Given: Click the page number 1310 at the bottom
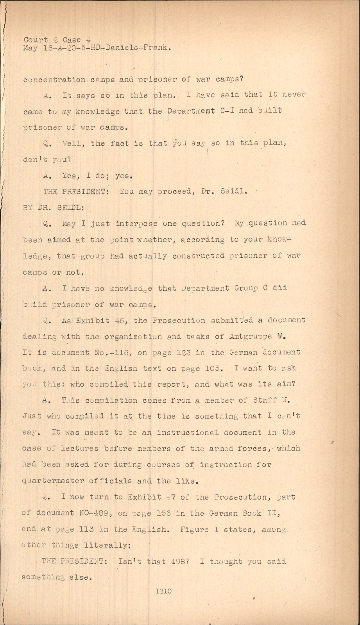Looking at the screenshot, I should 163,591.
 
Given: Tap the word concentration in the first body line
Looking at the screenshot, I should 54,79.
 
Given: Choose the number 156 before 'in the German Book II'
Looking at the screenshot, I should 163,513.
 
